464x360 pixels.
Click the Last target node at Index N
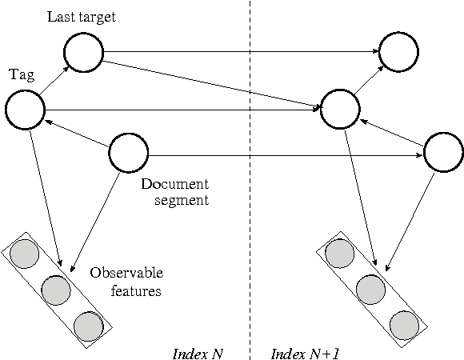pos(84,53)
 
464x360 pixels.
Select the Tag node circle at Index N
pos(25,110)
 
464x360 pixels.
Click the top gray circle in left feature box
pos(24,253)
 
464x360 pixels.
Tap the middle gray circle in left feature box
pos(56,290)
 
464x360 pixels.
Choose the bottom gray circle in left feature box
pos(88,326)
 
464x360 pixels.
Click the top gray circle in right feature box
pos(339,253)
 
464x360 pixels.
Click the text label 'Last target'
pos(82,16)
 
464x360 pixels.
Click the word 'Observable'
pos(126,273)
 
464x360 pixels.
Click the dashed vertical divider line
pos(250,200)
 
